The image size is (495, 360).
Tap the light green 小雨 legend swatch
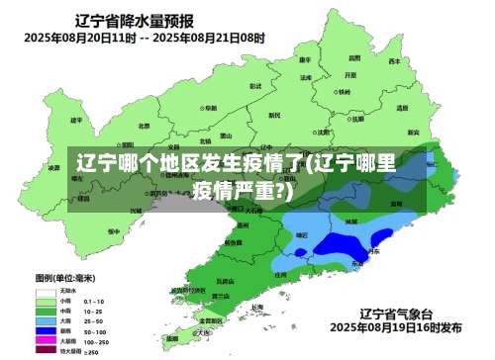(x=46, y=301)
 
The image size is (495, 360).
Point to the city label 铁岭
(x=344, y=91)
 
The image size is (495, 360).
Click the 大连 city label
(x=211, y=331)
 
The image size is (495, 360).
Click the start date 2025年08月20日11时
(x=81, y=38)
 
